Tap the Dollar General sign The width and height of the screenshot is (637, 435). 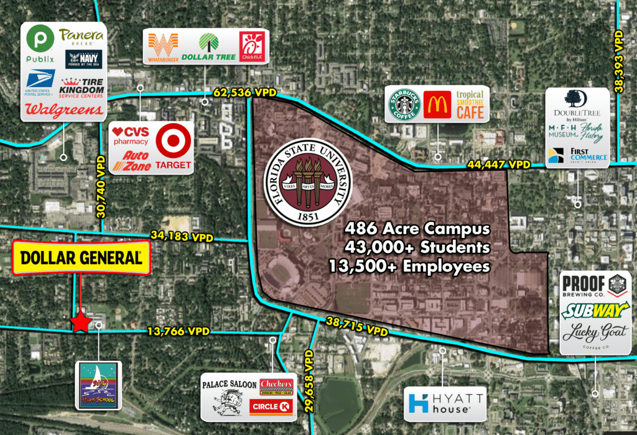[x=81, y=257]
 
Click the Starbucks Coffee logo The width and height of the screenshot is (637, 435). [x=405, y=104]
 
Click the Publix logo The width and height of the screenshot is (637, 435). [x=40, y=47]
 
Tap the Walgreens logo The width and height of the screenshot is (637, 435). [x=63, y=110]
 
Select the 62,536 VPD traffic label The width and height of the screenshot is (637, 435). [x=244, y=93]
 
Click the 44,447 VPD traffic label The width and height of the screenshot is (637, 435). [x=499, y=165]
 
